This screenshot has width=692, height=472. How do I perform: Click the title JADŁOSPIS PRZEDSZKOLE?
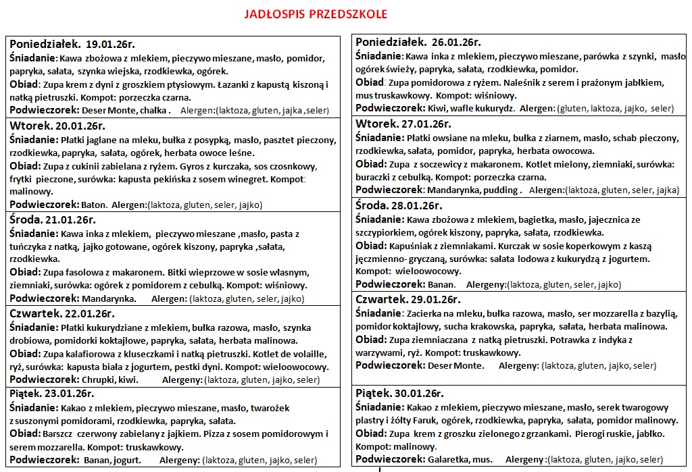315,14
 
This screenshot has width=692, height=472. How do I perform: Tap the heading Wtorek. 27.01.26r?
403,124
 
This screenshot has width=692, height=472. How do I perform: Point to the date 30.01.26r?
420,394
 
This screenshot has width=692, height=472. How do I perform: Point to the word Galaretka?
447,459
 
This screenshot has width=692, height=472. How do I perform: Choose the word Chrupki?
100,379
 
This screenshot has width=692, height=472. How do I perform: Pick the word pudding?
501,190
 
